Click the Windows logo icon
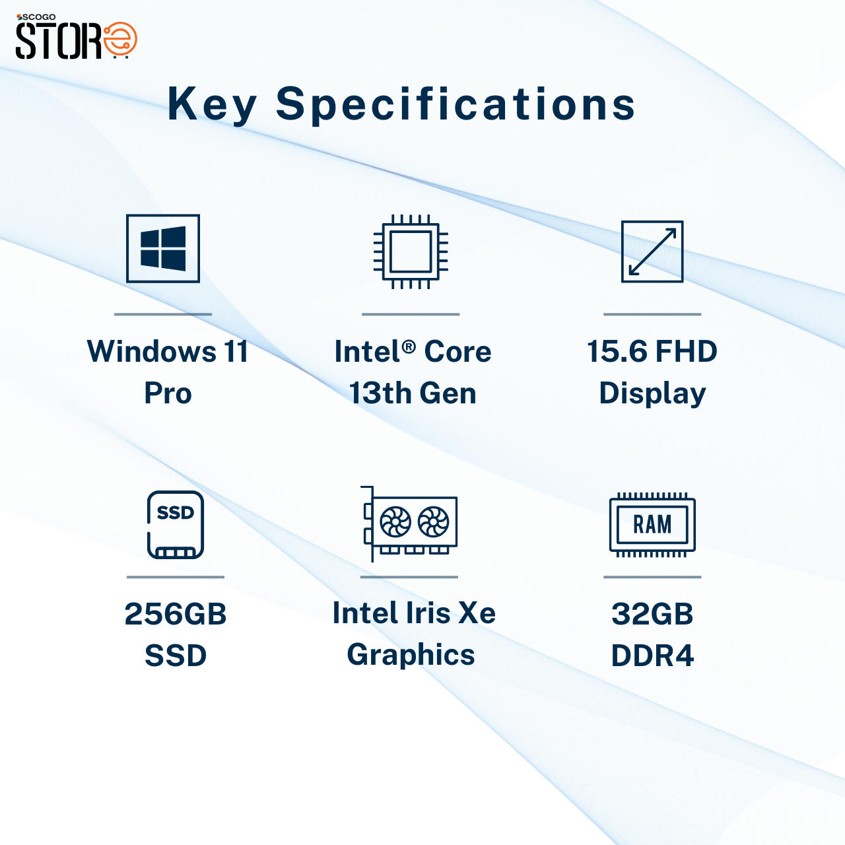tap(162, 248)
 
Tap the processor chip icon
tap(411, 252)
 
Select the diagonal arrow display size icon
tap(652, 252)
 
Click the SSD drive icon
tap(176, 524)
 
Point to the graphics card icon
tap(409, 524)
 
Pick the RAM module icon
tap(652, 524)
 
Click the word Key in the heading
tap(212, 104)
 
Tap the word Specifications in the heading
tap(456, 104)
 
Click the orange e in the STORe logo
tap(121, 40)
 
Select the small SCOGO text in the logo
tap(38, 17)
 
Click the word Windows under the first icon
tap(151, 351)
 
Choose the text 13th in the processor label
tap(380, 392)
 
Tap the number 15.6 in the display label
tap(617, 351)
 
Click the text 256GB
tap(176, 613)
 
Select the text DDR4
tap(652, 656)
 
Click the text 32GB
tap(652, 613)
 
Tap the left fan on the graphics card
tap(395, 522)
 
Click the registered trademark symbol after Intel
tap(408, 347)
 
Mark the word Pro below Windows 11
tap(168, 393)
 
